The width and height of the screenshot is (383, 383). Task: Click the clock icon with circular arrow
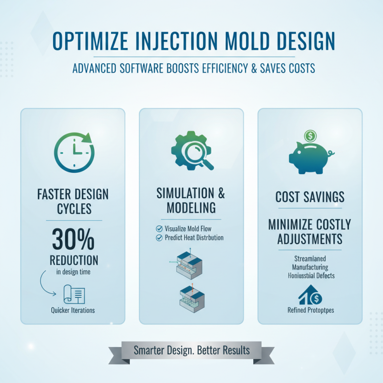pos(74,153)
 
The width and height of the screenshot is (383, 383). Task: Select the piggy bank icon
pos(309,158)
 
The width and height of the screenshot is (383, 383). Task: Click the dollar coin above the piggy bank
pos(310,136)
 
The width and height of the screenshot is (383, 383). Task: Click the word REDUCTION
pos(74,260)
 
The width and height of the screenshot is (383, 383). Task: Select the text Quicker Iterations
pos(73,310)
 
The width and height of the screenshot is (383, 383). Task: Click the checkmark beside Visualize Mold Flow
pos(159,228)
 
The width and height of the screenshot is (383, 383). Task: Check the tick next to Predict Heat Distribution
pos(159,237)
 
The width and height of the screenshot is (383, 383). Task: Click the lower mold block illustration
pos(191,298)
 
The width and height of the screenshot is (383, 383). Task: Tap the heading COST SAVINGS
pos(310,197)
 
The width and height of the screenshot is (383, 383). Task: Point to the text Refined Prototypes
pos(310,310)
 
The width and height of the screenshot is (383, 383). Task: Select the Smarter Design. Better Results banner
pos(191,350)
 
